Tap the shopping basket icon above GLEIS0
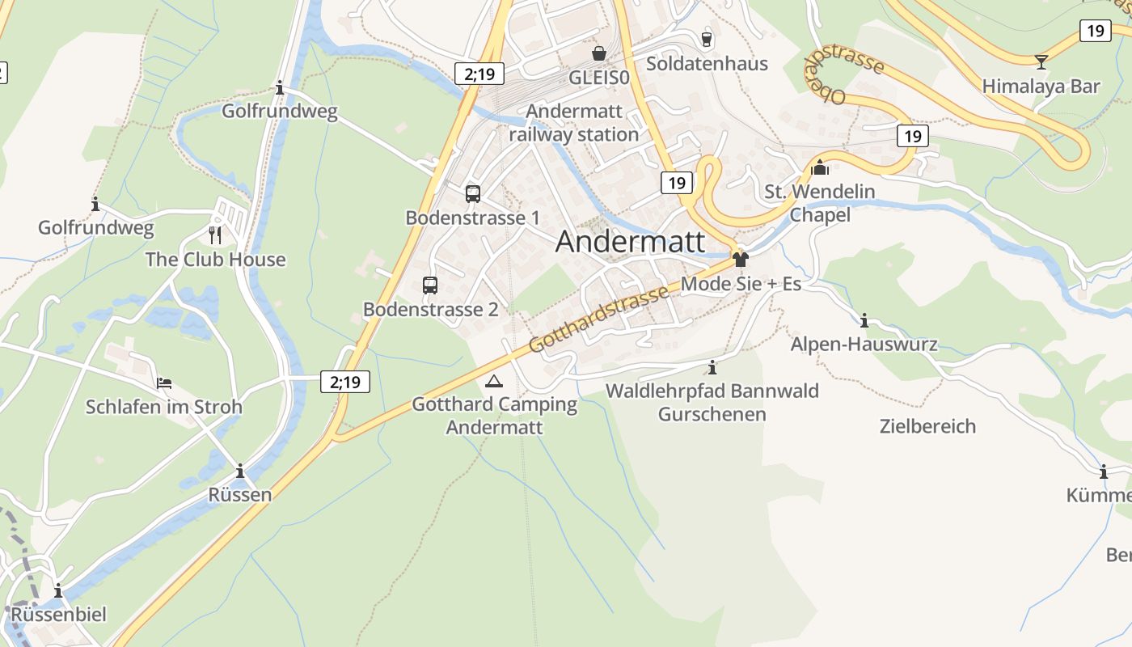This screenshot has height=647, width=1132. [x=598, y=53]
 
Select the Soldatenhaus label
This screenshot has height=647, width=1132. [x=707, y=63]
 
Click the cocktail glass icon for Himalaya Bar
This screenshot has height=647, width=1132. [x=1041, y=61]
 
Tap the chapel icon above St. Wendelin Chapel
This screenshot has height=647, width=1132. [x=820, y=168]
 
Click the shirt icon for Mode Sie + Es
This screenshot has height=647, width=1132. [x=740, y=260]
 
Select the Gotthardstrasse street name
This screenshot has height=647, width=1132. [x=599, y=318]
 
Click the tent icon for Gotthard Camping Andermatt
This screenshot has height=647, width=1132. [x=494, y=380]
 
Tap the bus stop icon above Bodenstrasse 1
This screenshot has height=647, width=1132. [x=473, y=194]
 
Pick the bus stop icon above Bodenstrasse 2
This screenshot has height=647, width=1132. [x=430, y=285]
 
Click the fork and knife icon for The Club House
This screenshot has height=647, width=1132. [x=215, y=235]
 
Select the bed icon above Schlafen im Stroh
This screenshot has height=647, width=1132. [x=164, y=383]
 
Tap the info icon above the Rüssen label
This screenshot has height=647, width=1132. [x=240, y=471]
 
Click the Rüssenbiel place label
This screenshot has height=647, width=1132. [x=58, y=615]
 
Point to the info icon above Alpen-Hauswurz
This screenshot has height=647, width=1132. [x=864, y=320]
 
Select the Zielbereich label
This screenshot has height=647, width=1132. [x=927, y=426]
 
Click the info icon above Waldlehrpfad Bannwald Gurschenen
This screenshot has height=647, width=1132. [x=712, y=367]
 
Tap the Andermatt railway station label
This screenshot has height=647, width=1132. [x=574, y=123]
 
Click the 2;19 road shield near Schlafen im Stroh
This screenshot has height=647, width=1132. [x=345, y=382]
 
